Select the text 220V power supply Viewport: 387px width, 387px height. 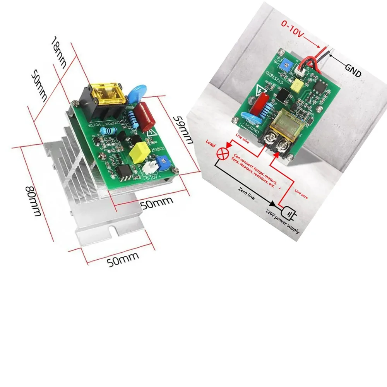click(x=282, y=223)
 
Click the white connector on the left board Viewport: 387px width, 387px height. click(x=149, y=168)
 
